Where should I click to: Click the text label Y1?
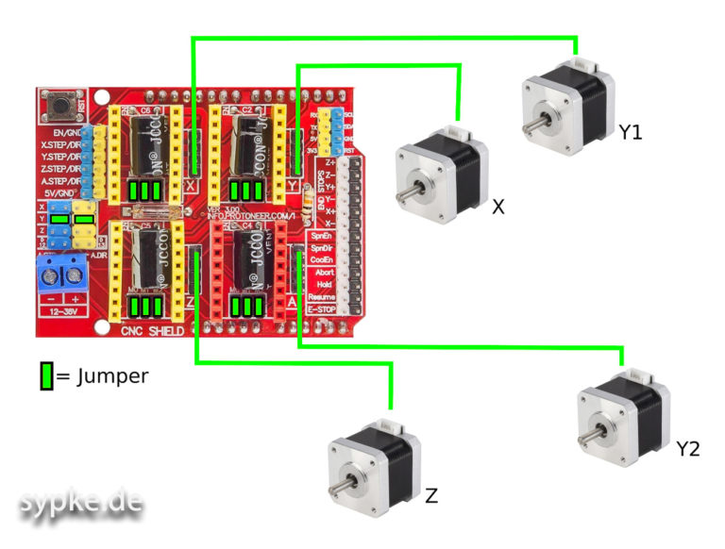tap(631, 133)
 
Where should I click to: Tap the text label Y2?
tap(688, 450)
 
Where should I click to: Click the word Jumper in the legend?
tap(110, 376)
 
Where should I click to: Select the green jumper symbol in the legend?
tap(46, 376)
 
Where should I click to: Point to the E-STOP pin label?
tap(324, 308)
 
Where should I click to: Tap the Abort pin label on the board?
tap(324, 271)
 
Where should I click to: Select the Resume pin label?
tap(324, 296)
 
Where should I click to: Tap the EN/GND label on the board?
tap(65, 133)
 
